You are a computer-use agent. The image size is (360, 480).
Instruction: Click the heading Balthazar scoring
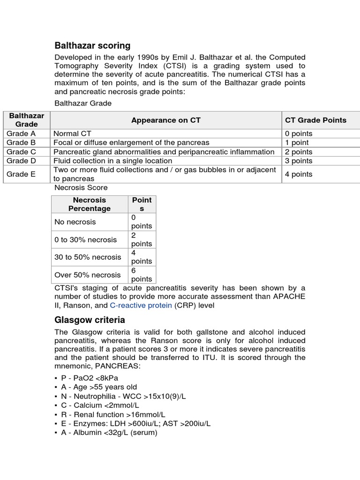coord(92,45)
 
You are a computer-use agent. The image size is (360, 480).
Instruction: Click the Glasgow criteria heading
coord(90,320)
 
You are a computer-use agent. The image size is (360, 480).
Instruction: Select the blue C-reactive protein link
coord(141,305)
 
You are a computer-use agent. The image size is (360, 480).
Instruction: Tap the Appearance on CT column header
coord(165,120)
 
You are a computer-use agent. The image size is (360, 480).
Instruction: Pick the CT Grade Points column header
coord(315,120)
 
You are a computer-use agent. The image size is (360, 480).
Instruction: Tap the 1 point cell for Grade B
coord(297,142)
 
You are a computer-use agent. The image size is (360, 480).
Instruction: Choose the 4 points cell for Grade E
coord(299,174)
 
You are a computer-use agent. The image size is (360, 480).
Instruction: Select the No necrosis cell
coord(75,222)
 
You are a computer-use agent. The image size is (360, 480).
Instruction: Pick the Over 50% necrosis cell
coord(87,275)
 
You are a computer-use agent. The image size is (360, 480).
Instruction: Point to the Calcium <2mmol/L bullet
coord(100,405)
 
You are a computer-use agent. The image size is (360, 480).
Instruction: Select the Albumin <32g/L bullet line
coord(109,433)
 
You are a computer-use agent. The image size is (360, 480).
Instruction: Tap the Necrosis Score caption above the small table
coord(81,187)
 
